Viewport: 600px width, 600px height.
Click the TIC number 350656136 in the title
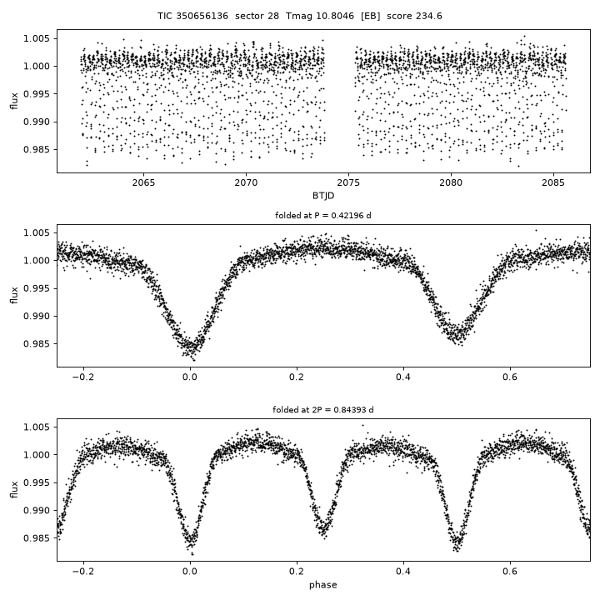click(x=202, y=16)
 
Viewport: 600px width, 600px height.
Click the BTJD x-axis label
click(x=323, y=196)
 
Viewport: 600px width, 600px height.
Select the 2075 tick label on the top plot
click(x=348, y=182)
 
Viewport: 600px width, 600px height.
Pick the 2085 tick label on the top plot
click(x=553, y=182)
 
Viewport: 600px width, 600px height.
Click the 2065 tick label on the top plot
click(x=144, y=182)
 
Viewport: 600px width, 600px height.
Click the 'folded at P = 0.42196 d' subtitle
click(x=323, y=216)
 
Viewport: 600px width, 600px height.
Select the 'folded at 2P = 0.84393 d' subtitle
click(x=323, y=410)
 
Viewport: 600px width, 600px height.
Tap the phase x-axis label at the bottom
click(x=323, y=585)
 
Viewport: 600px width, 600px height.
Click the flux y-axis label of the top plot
click(x=14, y=101)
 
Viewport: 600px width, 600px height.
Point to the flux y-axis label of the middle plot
click(x=14, y=295)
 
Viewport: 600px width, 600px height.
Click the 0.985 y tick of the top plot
click(x=37, y=150)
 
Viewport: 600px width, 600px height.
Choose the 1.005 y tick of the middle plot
click(x=37, y=233)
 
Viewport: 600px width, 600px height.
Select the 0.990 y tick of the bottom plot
click(x=37, y=511)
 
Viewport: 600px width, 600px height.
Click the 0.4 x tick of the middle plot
click(x=403, y=377)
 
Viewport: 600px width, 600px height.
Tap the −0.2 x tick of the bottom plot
click(x=83, y=572)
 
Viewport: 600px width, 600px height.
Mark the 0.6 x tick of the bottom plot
click(x=510, y=572)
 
